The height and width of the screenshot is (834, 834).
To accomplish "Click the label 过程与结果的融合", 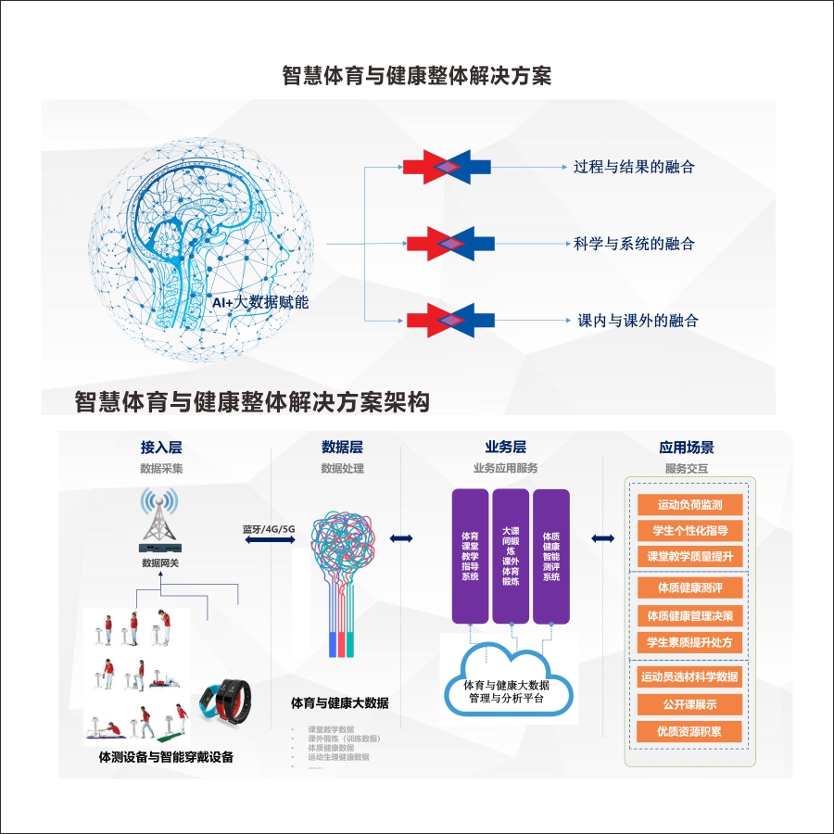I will tap(634, 167).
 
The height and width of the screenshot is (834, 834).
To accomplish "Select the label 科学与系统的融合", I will tap(634, 245).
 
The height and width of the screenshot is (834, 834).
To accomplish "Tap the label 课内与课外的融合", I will tap(638, 321).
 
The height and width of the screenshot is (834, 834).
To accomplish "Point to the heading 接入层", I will tap(161, 448).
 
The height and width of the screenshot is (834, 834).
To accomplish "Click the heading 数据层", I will tap(342, 448).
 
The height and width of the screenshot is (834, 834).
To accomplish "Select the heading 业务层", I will tap(505, 448).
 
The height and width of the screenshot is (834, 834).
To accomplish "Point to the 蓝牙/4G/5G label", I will tap(268, 529).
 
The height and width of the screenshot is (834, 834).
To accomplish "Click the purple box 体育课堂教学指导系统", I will tap(470, 556).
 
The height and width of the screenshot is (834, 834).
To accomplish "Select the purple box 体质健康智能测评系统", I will tap(551, 556).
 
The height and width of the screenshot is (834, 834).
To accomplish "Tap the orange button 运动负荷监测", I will tap(689, 505).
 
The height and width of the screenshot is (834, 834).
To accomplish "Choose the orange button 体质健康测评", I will tap(689, 588).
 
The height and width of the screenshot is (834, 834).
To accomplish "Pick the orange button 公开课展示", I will tap(689, 704).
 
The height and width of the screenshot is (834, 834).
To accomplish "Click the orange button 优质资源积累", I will tap(689, 731).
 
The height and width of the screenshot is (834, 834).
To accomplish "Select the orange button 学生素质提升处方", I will tap(689, 641).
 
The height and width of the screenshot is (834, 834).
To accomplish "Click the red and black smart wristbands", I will tap(229, 701).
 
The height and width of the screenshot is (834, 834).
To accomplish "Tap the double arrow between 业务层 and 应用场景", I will tap(604, 538).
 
